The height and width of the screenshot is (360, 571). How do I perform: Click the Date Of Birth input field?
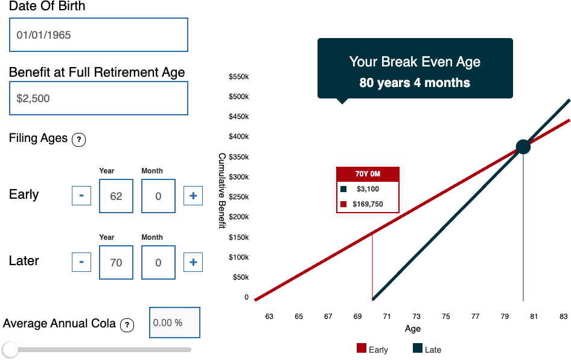pyautogui.click(x=98, y=34)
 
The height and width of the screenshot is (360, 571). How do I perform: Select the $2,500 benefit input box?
pyautogui.click(x=98, y=98)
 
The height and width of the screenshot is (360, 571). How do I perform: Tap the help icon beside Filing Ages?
pyautogui.click(x=78, y=140)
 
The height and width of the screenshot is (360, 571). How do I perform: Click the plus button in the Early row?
pyautogui.click(x=193, y=196)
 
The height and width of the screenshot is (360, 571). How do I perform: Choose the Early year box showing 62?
pyautogui.click(x=116, y=196)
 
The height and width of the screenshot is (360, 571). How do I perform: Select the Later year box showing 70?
pyautogui.click(x=116, y=262)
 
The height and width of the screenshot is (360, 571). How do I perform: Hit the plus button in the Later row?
pyautogui.click(x=193, y=262)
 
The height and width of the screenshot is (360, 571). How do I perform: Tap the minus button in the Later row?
pyautogui.click(x=81, y=262)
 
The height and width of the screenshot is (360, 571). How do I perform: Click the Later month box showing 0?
pyautogui.click(x=158, y=262)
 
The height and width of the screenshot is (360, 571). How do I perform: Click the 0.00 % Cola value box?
pyautogui.click(x=175, y=323)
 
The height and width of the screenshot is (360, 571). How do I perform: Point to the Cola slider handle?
pyautogui.click(x=10, y=350)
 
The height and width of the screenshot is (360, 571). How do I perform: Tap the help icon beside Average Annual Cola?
pyautogui.click(x=127, y=324)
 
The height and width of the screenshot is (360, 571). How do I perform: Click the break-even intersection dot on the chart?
pyautogui.click(x=523, y=147)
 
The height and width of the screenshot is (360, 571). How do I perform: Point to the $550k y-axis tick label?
pyautogui.click(x=239, y=77)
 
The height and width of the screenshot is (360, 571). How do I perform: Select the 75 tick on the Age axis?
pyautogui.click(x=445, y=317)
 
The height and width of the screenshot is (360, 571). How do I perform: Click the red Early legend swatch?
pyautogui.click(x=362, y=348)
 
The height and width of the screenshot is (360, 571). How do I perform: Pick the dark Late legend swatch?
pyautogui.click(x=418, y=348)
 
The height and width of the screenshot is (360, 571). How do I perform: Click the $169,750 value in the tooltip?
pyautogui.click(x=368, y=204)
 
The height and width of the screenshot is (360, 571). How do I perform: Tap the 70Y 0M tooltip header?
pyautogui.click(x=368, y=174)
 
